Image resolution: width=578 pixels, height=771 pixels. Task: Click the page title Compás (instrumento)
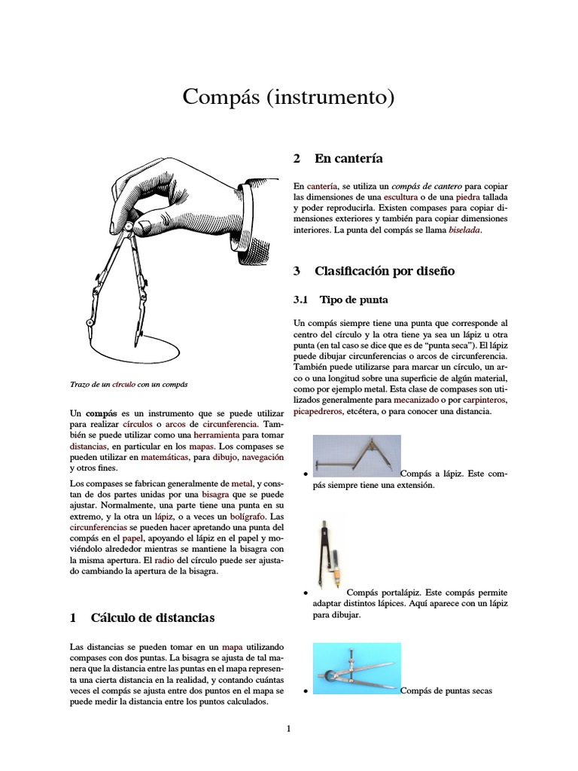(x=289, y=97)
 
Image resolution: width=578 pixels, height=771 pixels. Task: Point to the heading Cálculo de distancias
(x=152, y=618)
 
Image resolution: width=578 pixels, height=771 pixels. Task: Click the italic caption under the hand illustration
(x=128, y=384)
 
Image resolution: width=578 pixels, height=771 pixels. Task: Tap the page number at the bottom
(x=288, y=728)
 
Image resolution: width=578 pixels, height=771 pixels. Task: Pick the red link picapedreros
(x=318, y=412)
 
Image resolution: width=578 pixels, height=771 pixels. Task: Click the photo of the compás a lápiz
(x=355, y=456)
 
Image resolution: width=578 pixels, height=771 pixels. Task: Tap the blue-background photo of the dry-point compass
(x=356, y=669)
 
